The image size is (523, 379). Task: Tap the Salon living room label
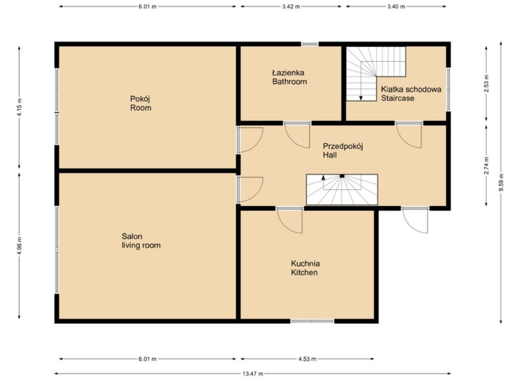(x=141, y=241)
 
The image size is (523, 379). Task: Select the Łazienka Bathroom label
(x=289, y=77)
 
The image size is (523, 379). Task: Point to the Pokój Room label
(x=140, y=103)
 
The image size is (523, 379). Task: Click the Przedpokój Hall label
(x=343, y=150)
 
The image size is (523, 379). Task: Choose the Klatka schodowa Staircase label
(x=411, y=94)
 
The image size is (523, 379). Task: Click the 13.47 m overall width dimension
(x=253, y=374)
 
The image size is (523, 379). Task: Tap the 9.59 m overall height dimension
(x=501, y=183)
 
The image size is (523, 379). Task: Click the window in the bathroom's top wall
(x=310, y=44)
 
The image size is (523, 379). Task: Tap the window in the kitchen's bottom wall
(x=312, y=321)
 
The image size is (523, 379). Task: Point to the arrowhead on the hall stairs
(x=323, y=177)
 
